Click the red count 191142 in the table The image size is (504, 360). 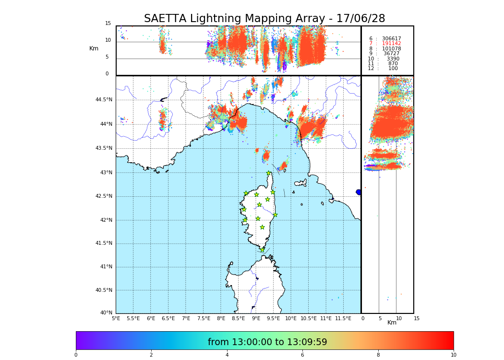tap(391, 44)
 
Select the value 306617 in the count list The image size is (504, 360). tap(391, 39)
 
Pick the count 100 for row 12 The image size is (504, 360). tap(393, 69)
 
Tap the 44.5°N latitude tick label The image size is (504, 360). tap(104, 100)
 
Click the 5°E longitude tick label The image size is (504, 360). tap(116, 318)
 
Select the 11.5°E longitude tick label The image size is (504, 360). tap(343, 318)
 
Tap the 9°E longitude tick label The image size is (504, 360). tap(256, 318)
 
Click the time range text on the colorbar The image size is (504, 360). tap(267, 342)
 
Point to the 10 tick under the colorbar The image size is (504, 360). tap(453, 355)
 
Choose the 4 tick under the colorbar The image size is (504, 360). tap(227, 355)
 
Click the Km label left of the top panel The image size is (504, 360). tap(94, 48)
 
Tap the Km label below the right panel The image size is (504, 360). tap(392, 323)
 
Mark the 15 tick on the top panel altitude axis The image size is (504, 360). tap(108, 24)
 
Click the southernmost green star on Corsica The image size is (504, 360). tap(262, 250)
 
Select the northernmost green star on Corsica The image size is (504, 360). tap(269, 173)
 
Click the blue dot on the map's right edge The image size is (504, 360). tap(359, 192)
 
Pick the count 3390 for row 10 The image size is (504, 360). tap(393, 59)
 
